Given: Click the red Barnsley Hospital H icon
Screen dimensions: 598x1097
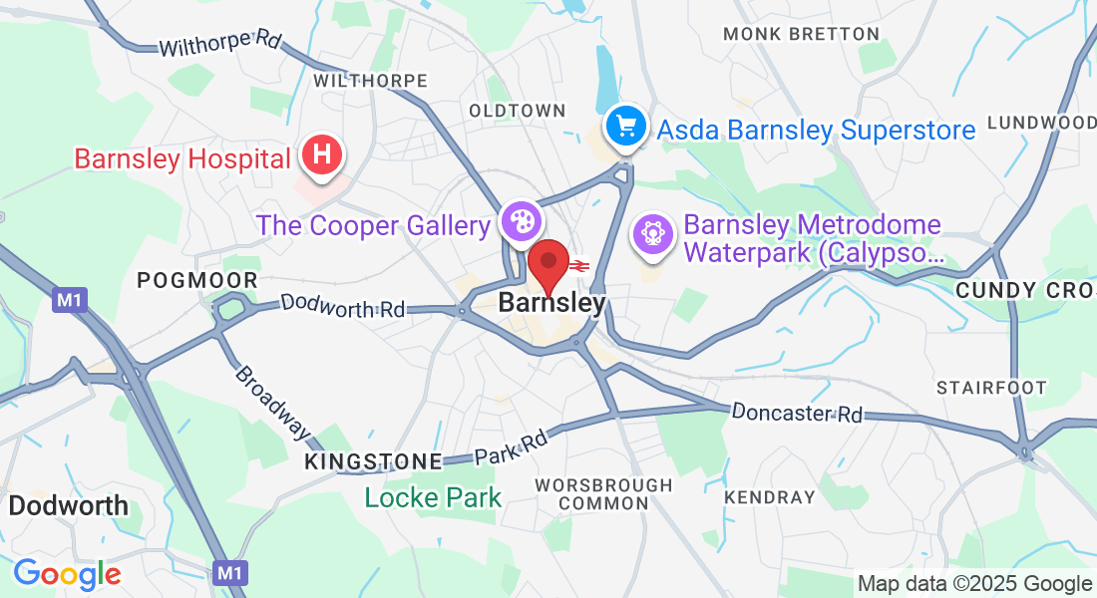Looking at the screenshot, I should pos(321,156).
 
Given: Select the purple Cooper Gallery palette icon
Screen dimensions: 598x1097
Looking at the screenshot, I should pos(520,222).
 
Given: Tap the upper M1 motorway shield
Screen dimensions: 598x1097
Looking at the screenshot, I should pos(68,299).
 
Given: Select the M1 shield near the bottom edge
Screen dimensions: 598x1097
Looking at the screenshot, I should pos(230,572).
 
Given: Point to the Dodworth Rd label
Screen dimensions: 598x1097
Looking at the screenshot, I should pos(343,305).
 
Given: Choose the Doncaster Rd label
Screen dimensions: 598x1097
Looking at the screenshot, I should pos(797,412).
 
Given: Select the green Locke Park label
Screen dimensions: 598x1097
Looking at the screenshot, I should pos(433,496).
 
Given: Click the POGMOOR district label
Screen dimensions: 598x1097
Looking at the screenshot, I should pos(197,281).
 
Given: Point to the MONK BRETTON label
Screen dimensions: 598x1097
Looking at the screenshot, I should pos(802,34).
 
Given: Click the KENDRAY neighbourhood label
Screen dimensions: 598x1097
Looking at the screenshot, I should pos(770,496).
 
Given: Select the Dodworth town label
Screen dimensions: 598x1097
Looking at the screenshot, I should pos(69,505).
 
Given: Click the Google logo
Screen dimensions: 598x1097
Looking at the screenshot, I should pos(67,574).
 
